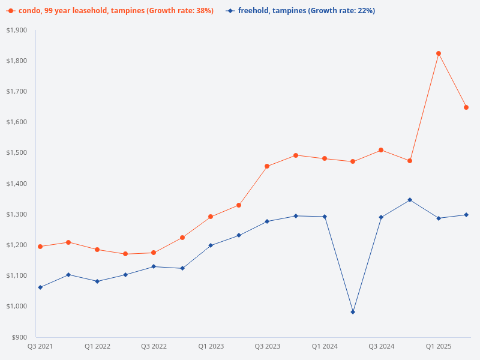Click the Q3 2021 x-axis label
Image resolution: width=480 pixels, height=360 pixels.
40,346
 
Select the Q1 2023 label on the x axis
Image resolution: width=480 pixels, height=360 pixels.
211,346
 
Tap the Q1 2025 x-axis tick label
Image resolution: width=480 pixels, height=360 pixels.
439,346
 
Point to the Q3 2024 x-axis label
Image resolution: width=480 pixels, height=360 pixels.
381,346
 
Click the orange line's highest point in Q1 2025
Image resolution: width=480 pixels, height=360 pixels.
439,53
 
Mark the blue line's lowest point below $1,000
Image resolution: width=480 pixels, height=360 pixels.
353,312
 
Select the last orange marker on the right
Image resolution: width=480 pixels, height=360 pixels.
466,107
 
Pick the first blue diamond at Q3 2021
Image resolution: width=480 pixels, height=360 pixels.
40,287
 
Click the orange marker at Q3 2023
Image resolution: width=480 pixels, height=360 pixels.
267,166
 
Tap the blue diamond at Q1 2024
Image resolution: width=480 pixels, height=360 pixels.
325,217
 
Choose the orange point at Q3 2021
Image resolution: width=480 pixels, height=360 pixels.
40,247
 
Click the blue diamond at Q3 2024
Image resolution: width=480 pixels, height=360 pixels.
381,217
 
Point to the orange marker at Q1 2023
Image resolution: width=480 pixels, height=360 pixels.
211,217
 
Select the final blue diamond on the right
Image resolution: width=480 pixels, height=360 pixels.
466,215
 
